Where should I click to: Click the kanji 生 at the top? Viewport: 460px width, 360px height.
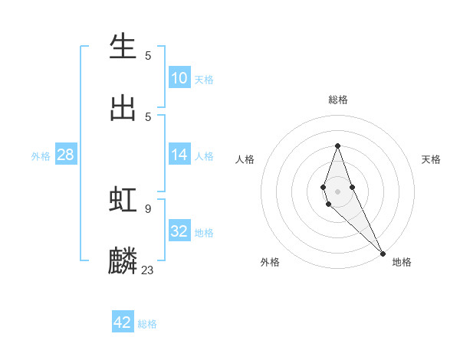click(x=123, y=47)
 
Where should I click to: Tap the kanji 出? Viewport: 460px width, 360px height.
click(x=123, y=108)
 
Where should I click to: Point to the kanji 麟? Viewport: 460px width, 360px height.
click(x=123, y=260)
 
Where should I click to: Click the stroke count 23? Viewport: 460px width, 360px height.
click(x=148, y=270)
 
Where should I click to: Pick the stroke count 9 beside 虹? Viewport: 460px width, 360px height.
click(x=148, y=208)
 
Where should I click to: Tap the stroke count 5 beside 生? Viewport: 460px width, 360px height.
click(x=148, y=56)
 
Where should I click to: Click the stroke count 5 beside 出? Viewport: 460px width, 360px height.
click(x=148, y=117)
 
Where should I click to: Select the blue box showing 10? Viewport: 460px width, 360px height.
click(x=179, y=78)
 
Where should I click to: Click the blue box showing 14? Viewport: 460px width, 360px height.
click(x=179, y=155)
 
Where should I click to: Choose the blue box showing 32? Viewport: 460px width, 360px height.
click(x=179, y=231)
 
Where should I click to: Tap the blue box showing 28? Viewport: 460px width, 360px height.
click(x=66, y=155)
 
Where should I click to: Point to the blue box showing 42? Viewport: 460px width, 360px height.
click(x=123, y=322)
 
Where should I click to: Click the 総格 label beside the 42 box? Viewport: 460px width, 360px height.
click(x=147, y=324)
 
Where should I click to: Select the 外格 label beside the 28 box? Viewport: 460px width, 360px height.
click(x=41, y=156)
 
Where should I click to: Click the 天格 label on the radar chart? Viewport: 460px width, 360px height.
click(x=431, y=159)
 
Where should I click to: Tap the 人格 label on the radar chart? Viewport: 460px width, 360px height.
click(x=245, y=159)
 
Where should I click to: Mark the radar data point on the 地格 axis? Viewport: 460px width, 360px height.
click(x=383, y=253)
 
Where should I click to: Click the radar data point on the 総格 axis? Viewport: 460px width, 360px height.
click(x=337, y=146)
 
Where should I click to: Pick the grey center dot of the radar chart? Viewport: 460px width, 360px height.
click(x=337, y=191)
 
